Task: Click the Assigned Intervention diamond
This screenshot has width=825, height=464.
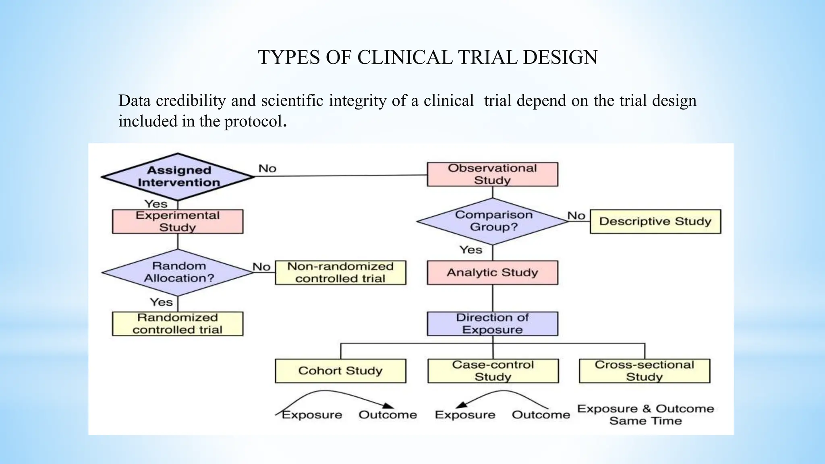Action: [x=178, y=177]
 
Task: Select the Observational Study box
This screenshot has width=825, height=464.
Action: [x=492, y=174]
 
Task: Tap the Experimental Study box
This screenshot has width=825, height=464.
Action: [x=178, y=221]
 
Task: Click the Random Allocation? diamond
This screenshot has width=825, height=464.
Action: [x=178, y=272]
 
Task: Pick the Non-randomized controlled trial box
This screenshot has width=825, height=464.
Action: [x=340, y=273]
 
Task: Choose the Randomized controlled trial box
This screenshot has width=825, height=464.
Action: [x=178, y=323]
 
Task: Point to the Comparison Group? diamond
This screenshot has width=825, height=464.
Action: [x=493, y=221]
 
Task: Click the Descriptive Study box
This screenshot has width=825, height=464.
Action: [x=655, y=222]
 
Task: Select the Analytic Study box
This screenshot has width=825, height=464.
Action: [x=492, y=273]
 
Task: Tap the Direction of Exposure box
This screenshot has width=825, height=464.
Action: [x=492, y=323]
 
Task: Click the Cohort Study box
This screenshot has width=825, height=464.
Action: [x=340, y=371]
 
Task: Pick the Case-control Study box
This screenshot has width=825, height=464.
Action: [x=493, y=371]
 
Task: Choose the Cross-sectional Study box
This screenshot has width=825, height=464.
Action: [x=644, y=371]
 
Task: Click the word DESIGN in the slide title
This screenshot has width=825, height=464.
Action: [x=560, y=57]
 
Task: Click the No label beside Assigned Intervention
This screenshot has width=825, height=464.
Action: [x=267, y=168]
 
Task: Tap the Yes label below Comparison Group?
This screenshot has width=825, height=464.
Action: [x=471, y=250]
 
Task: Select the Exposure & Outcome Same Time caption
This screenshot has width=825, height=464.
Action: [x=645, y=414]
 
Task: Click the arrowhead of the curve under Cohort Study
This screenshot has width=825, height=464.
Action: [x=388, y=406]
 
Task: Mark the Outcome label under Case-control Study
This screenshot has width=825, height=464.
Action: [x=541, y=415]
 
